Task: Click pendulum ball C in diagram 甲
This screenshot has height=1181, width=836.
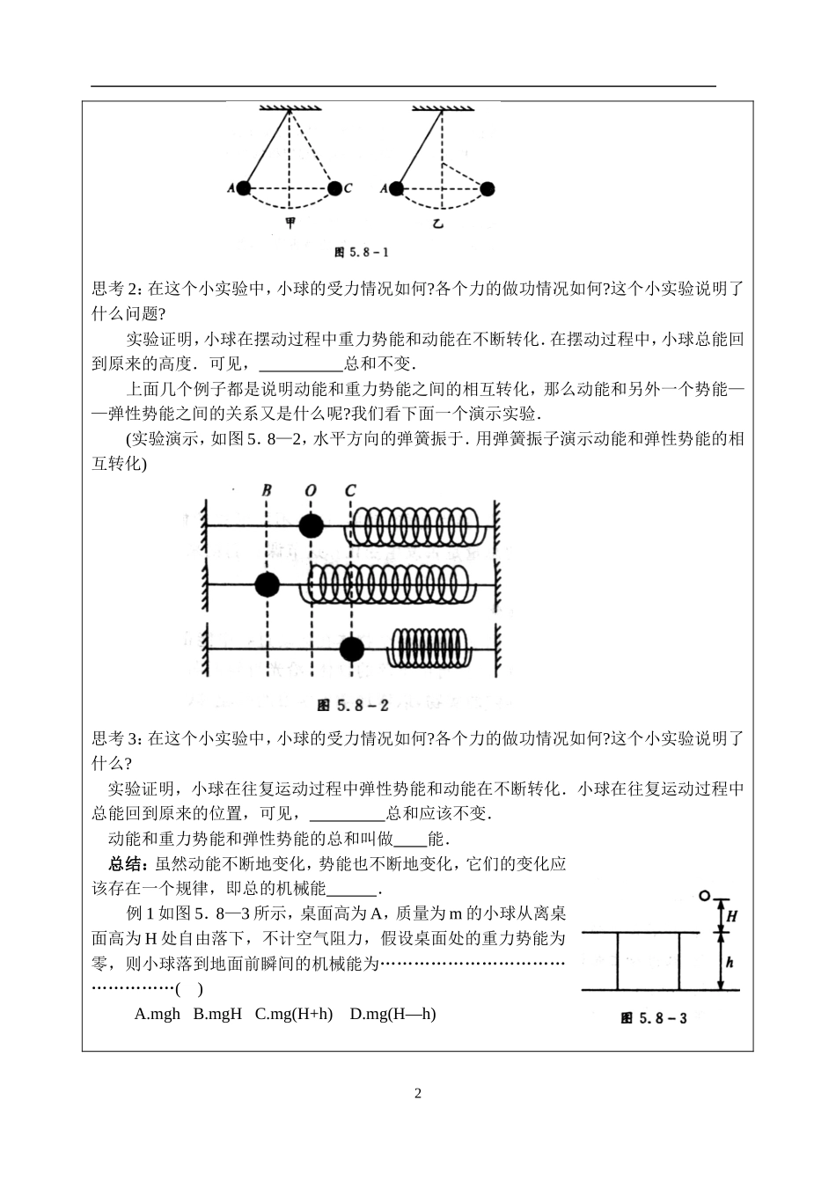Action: pos(334,187)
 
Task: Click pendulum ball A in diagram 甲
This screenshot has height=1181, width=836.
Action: pos(244,187)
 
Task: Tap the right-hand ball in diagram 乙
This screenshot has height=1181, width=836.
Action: pos(487,187)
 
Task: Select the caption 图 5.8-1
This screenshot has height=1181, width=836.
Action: pos(362,253)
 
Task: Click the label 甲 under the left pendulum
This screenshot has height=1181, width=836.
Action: pos(290,223)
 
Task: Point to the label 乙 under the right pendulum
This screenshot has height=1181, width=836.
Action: pos(438,224)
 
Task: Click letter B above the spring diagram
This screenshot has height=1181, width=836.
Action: pos(266,490)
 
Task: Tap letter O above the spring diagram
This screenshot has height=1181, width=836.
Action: pos(310,490)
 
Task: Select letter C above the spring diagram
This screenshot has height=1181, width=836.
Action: pos(351,490)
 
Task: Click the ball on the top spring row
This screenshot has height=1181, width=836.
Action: pos(310,526)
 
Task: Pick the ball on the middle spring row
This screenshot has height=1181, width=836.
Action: pos(267,583)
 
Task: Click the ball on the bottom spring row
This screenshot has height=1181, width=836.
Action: pos(351,649)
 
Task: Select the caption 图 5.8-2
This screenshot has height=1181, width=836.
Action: pos(352,705)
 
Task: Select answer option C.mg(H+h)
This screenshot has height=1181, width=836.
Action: pos(294,1014)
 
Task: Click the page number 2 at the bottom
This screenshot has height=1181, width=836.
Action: pos(418,1094)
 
